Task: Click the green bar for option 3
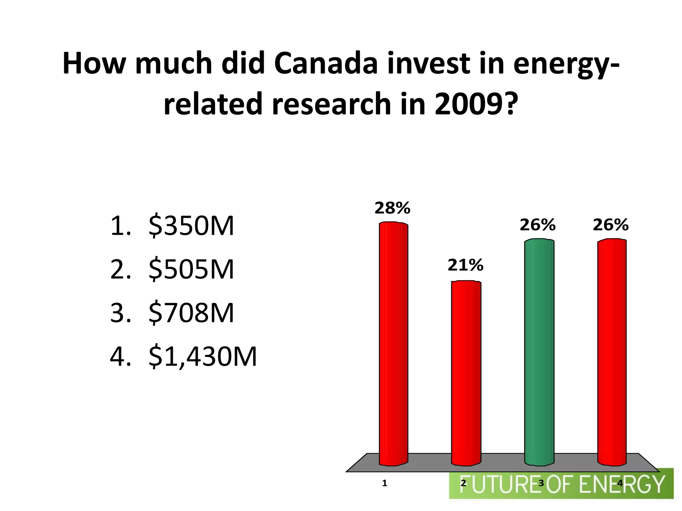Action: coord(539,353)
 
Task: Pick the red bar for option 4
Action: coord(612,353)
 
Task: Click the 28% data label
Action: coord(392,209)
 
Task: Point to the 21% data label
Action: coord(465,265)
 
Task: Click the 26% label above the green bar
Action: coord(537,225)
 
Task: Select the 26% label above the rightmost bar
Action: coord(610,225)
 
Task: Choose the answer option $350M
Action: coord(191,226)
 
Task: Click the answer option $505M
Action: coord(191,269)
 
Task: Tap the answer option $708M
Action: coord(191,313)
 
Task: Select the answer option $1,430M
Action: coord(202,357)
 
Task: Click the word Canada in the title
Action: coord(326,63)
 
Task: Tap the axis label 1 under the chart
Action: coord(384,483)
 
